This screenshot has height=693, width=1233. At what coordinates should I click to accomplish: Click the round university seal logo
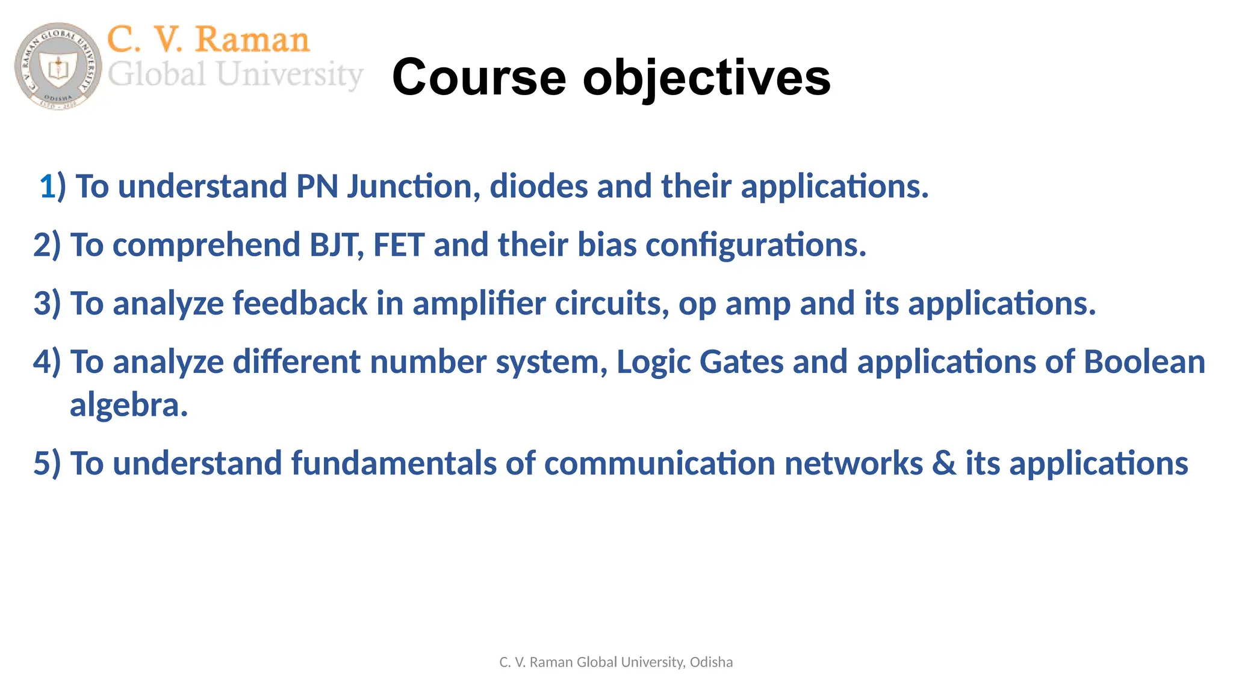point(58,66)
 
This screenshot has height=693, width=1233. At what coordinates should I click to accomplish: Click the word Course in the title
point(479,77)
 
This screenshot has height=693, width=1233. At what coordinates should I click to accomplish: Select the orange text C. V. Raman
point(208,40)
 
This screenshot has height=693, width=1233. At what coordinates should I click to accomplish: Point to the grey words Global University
point(235,75)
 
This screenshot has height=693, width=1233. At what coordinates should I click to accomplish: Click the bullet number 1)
point(52,186)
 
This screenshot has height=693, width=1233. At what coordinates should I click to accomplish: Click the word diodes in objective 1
point(538,186)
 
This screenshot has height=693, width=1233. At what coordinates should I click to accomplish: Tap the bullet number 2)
point(47,245)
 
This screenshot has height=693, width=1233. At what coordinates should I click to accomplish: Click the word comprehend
point(206,245)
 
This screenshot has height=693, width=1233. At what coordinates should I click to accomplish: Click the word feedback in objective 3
point(300,303)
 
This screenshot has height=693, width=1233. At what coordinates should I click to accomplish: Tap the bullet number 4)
point(47,362)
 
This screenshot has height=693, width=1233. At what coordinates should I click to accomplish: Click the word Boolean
point(1144,362)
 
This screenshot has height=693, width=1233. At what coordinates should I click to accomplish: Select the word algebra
point(129,405)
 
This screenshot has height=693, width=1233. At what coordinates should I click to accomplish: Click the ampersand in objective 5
point(944,463)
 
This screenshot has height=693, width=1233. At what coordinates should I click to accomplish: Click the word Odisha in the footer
point(711,662)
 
